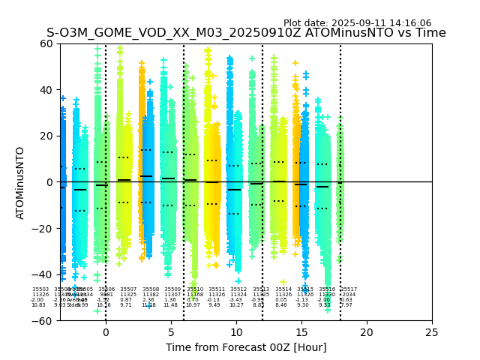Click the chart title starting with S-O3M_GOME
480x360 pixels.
point(246,33)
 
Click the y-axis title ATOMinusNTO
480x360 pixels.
point(20,182)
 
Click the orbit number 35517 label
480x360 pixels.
point(349,289)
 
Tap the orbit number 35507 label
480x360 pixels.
point(128,289)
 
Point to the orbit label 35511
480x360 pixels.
point(217,289)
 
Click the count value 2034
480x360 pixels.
point(349,295)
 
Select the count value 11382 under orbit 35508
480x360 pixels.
point(151,295)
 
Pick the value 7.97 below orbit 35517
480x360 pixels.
point(346,305)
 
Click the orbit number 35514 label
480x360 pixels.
point(283,289)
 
